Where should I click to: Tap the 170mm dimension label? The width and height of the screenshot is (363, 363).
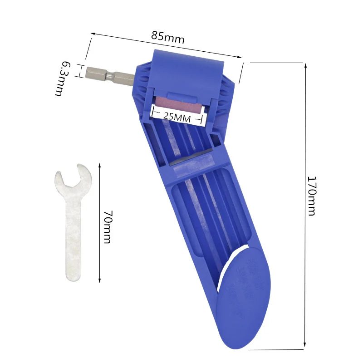(x=311, y=196)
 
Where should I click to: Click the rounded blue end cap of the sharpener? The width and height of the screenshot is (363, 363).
(x=243, y=299)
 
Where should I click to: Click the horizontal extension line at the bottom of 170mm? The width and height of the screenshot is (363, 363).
(x=277, y=349)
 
